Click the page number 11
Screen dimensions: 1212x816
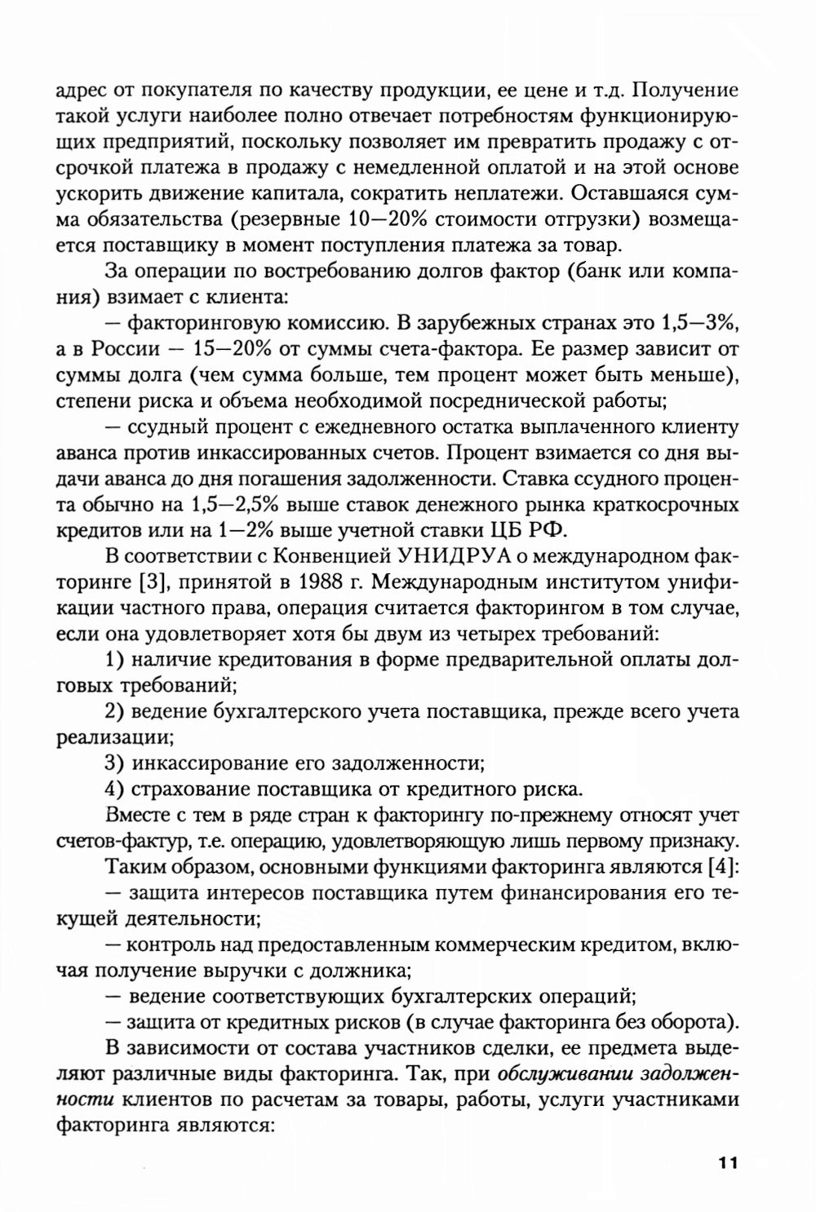pyautogui.click(x=728, y=1162)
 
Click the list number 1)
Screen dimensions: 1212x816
pyautogui.click(x=114, y=661)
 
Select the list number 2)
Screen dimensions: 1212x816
pyautogui.click(x=114, y=712)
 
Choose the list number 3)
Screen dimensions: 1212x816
pyautogui.click(x=114, y=763)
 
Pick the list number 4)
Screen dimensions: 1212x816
pyautogui.click(x=114, y=790)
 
